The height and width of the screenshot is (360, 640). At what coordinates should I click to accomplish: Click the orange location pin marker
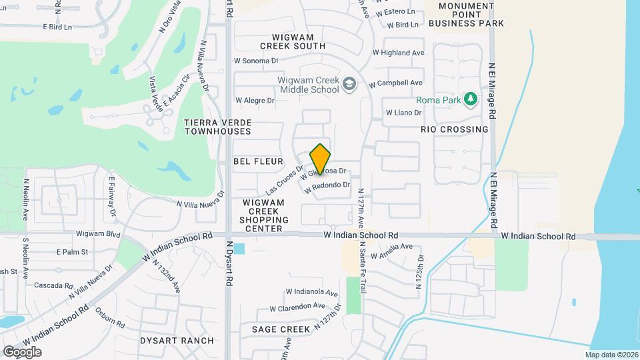(321, 159)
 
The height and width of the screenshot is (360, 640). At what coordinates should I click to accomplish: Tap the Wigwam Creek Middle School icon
(350, 85)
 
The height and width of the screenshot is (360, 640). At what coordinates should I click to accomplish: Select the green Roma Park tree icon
(471, 99)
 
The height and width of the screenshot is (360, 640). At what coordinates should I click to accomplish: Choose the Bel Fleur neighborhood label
(259, 161)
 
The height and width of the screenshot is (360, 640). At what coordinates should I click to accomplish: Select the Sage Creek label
(281, 329)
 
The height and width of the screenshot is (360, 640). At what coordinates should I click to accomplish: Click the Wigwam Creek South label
(299, 41)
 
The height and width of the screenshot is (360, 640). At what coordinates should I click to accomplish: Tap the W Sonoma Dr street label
(255, 61)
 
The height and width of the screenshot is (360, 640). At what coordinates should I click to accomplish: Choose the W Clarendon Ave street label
(297, 307)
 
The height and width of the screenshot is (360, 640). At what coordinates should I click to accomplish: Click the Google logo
(22, 351)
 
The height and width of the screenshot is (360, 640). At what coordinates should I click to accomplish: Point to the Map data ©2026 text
(611, 355)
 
